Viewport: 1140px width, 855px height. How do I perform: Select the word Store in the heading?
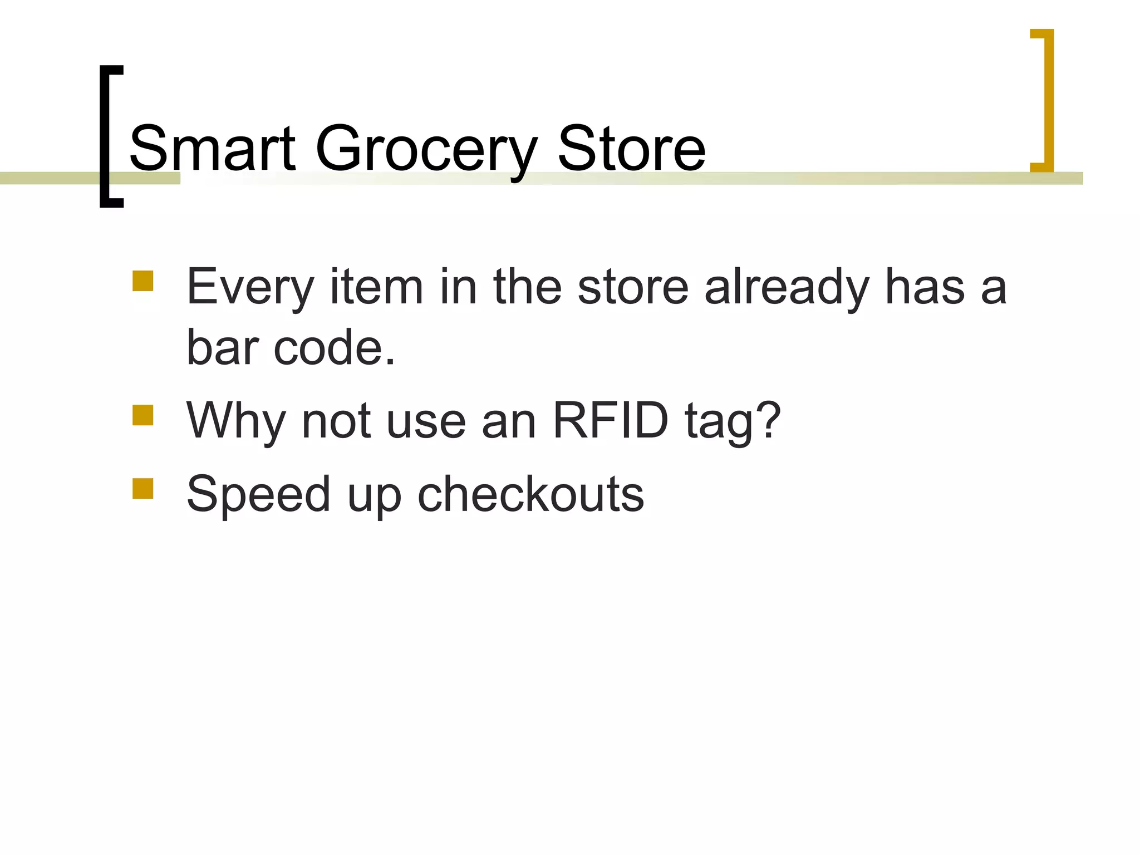tap(631, 149)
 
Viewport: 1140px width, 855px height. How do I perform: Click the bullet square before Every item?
tap(143, 281)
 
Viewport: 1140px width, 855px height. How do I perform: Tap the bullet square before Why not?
tap(143, 415)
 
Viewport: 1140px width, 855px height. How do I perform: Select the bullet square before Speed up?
tap(143, 488)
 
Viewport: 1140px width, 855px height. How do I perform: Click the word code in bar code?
tap(334, 348)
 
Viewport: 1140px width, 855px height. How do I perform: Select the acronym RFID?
tap(610, 421)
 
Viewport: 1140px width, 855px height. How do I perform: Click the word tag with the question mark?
tap(733, 422)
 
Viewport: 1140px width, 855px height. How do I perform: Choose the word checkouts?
tap(530, 494)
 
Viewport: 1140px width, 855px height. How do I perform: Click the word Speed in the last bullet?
tap(259, 495)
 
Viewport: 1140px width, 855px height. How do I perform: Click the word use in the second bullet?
tap(426, 422)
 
